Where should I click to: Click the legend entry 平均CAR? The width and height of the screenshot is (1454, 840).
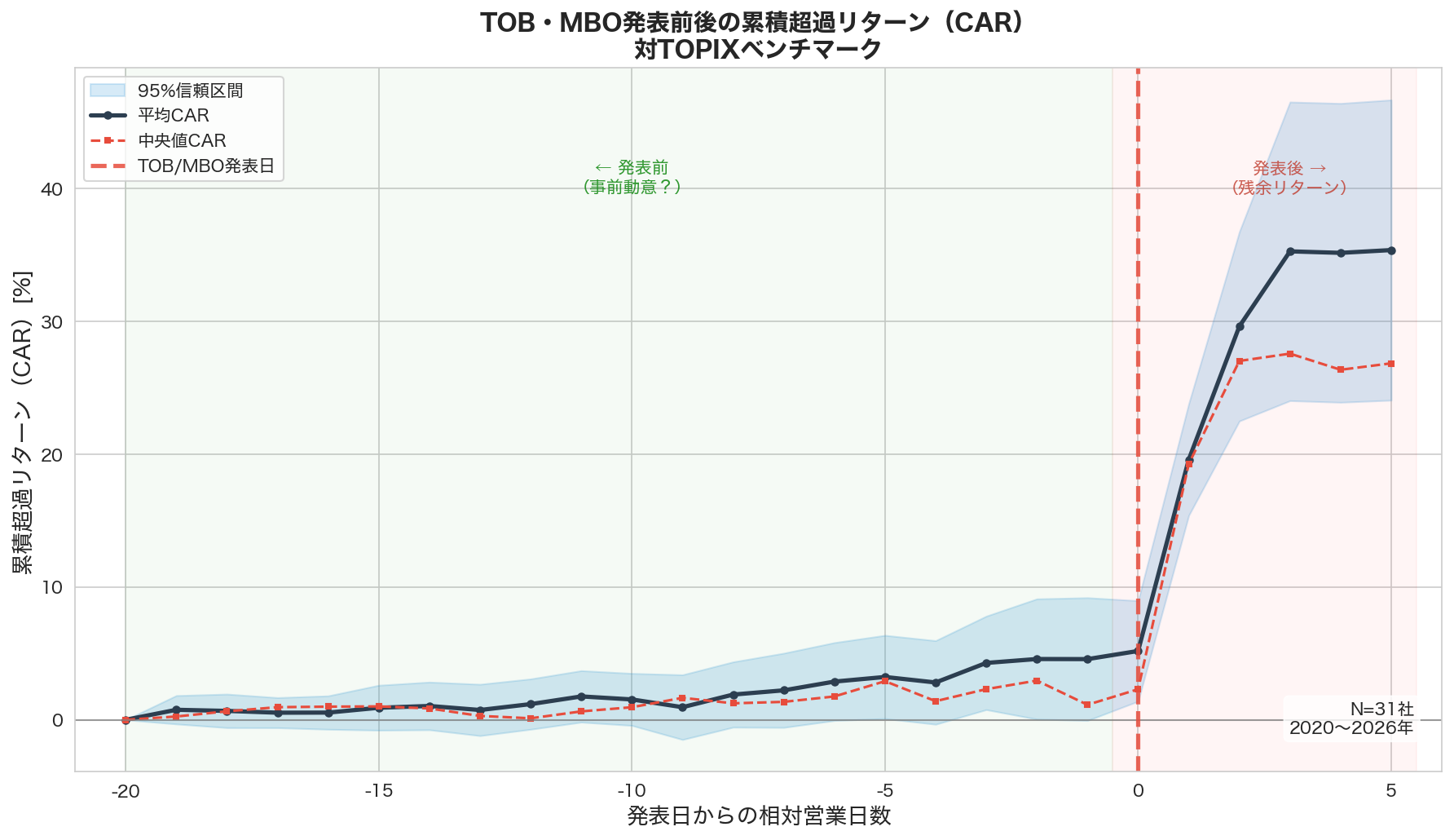[173, 116]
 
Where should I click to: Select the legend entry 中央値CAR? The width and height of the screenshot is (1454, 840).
[182, 141]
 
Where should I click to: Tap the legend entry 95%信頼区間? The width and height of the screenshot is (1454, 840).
[190, 91]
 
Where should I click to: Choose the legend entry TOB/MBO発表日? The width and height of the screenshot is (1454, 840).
[205, 166]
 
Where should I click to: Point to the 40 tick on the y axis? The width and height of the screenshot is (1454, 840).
[51, 189]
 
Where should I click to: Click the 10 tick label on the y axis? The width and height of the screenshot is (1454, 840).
[51, 588]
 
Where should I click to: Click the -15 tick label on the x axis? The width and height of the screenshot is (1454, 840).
[378, 790]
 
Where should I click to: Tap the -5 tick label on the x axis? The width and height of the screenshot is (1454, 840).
[884, 790]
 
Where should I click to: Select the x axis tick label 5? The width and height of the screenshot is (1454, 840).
[1390, 790]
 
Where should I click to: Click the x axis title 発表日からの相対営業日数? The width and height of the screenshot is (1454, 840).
[758, 816]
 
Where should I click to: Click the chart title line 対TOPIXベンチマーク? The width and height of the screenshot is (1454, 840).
[758, 50]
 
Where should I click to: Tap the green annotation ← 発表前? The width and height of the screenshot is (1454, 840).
[632, 168]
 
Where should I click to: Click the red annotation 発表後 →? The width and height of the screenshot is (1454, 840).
[1289, 169]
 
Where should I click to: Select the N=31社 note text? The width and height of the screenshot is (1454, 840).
[1381, 710]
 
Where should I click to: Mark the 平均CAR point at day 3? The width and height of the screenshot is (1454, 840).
[1289, 251]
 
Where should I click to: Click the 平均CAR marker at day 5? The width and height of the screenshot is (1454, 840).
[1391, 250]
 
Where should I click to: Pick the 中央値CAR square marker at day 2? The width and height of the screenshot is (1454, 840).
[1239, 361]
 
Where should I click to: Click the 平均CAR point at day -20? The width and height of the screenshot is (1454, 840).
[126, 720]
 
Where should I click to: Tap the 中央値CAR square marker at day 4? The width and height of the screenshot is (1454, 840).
[1341, 370]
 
